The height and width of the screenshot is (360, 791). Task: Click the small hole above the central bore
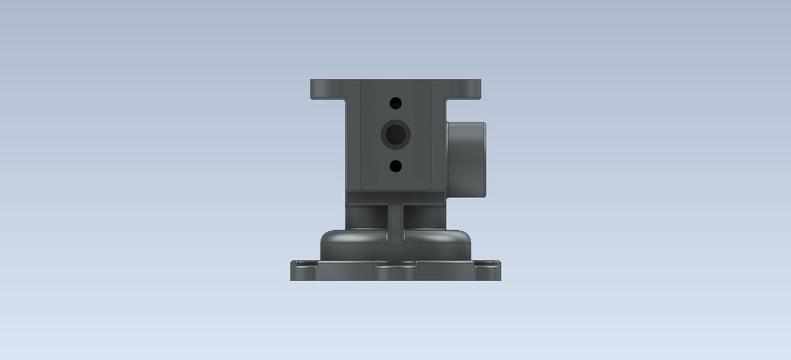(x=395, y=103)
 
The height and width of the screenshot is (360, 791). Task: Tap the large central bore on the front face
(x=395, y=133)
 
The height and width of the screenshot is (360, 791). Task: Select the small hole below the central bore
(x=395, y=166)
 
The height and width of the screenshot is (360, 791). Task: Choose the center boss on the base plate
(x=395, y=270)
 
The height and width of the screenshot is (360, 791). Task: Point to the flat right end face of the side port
(x=484, y=160)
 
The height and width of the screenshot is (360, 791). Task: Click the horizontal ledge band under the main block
(x=395, y=199)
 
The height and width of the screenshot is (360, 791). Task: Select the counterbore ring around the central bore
(x=386, y=133)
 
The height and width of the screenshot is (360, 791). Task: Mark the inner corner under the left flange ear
(x=347, y=101)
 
